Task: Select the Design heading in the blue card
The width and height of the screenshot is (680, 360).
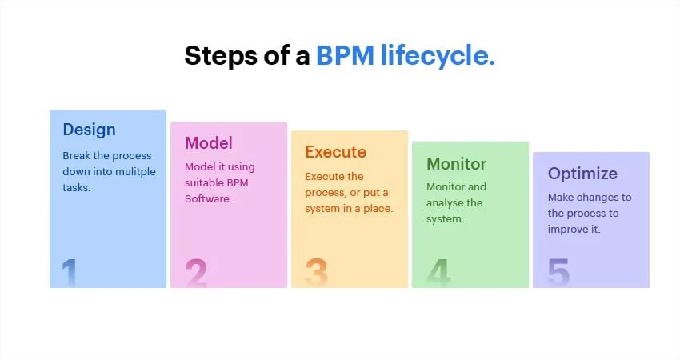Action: [89, 130]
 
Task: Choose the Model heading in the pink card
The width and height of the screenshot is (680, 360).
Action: [209, 143]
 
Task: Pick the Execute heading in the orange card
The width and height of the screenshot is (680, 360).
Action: [335, 152]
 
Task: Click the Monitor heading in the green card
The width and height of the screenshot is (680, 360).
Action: [456, 164]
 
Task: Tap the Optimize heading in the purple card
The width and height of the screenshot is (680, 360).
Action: [582, 174]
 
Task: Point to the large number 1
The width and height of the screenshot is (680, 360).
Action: [70, 273]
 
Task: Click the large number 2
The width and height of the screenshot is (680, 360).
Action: [196, 273]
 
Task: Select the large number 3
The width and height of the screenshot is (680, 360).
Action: [317, 273]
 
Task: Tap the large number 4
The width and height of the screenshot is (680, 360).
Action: [438, 273]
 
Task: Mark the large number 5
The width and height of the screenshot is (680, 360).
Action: [558, 273]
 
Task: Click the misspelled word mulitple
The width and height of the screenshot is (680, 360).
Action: [137, 172]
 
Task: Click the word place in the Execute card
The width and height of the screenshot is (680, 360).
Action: [379, 209]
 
